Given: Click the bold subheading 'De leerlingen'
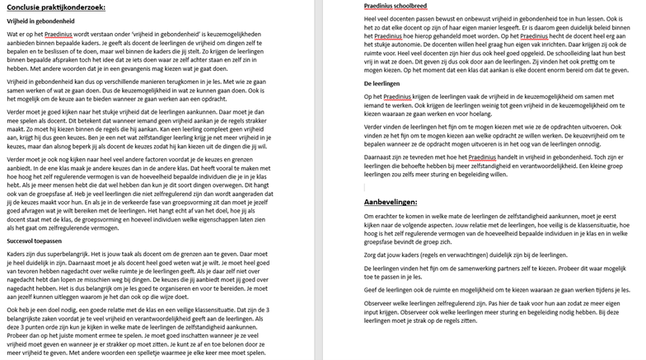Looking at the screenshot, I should (382, 83).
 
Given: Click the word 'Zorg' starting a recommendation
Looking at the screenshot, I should (371, 255).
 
